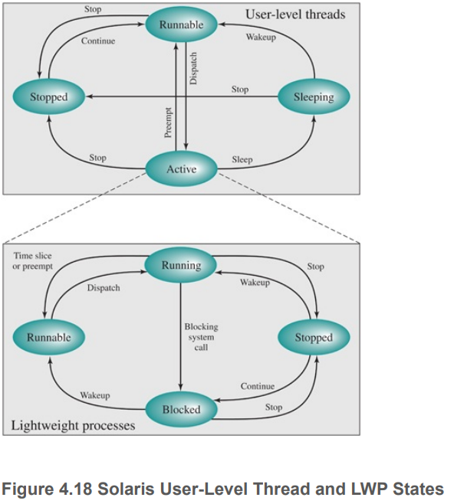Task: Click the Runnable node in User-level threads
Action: pyautogui.click(x=181, y=25)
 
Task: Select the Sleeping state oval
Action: pyautogui.click(x=314, y=97)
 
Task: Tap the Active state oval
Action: pyautogui.click(x=181, y=169)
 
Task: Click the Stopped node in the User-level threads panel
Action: pyautogui.click(x=49, y=97)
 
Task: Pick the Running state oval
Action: pyautogui.click(x=181, y=266)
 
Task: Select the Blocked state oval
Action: pyautogui.click(x=181, y=410)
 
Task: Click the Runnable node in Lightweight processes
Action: pyautogui.click(x=49, y=337)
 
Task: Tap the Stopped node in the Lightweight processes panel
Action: pyautogui.click(x=314, y=338)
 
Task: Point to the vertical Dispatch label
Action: pyautogui.click(x=193, y=68)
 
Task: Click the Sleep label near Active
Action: pyautogui.click(x=242, y=159)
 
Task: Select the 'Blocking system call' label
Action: pyautogui.click(x=200, y=337)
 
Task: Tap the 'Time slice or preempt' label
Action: pyautogui.click(x=33, y=260)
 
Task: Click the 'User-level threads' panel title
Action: pyautogui.click(x=295, y=14)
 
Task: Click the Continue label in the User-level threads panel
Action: pyautogui.click(x=98, y=41)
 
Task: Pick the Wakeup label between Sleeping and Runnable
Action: pyautogui.click(x=262, y=37)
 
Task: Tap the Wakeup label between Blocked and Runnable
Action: pyautogui.click(x=95, y=395)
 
